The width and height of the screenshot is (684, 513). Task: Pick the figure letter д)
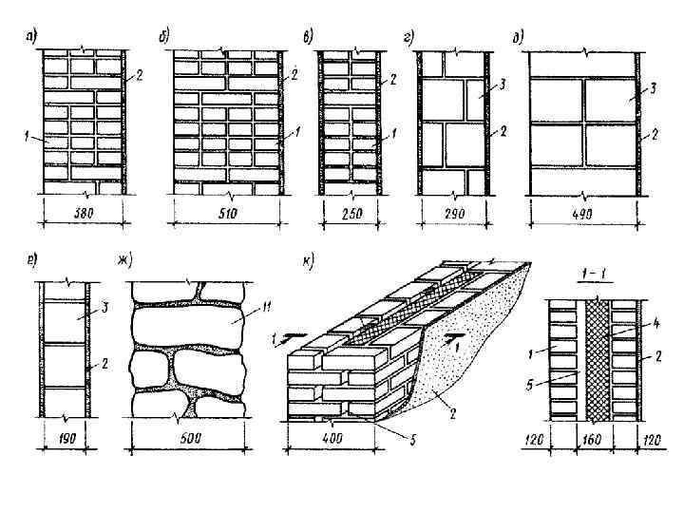pyautogui.click(x=518, y=38)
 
